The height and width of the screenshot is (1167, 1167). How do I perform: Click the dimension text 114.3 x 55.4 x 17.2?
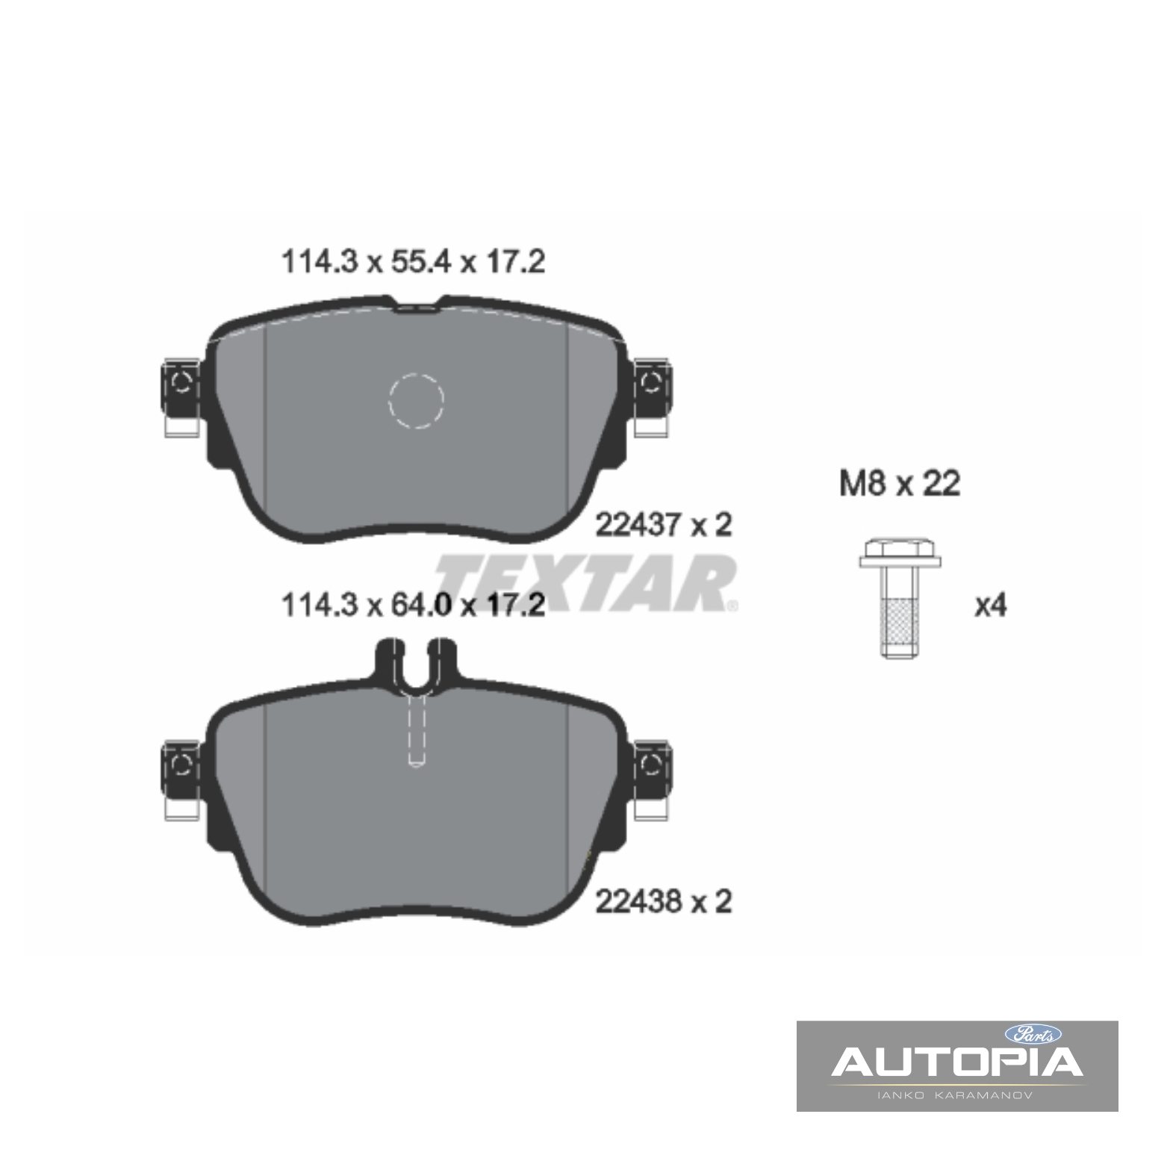[x=413, y=262]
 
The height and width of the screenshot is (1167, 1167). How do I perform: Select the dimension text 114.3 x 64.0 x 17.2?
[x=413, y=605]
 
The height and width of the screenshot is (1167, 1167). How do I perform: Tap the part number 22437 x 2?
[x=664, y=526]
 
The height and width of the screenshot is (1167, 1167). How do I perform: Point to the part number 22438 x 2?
[x=664, y=902]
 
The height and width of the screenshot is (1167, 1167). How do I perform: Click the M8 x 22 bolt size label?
[x=900, y=484]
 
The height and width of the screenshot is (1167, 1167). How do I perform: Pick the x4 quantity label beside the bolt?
[x=991, y=606]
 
